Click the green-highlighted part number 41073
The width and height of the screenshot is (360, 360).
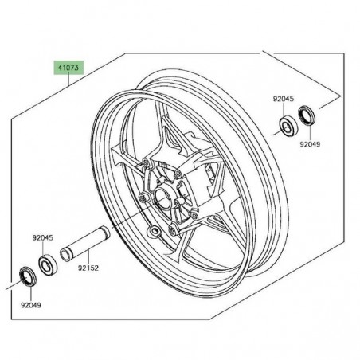pos(68,68)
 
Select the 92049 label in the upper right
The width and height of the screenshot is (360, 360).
pos(310,145)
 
